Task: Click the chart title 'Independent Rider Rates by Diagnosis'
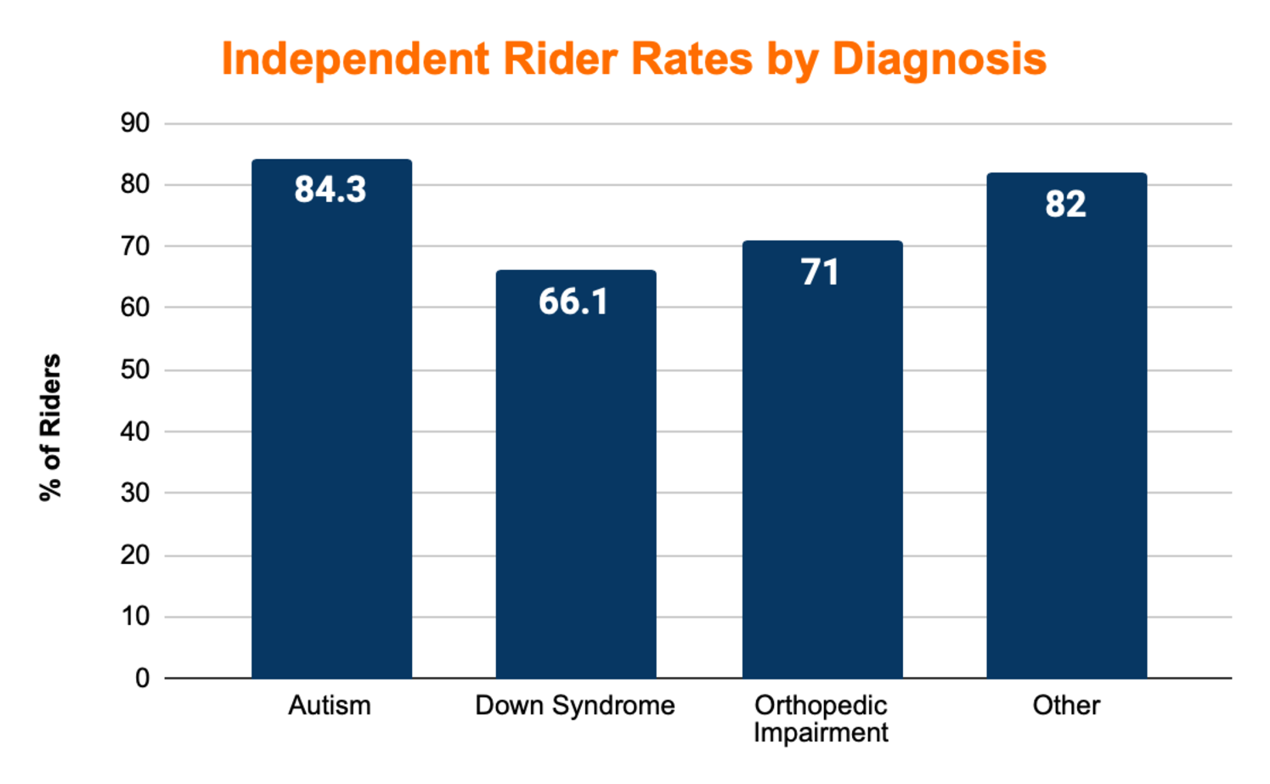(x=634, y=59)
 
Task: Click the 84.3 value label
(x=330, y=189)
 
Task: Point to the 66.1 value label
(x=573, y=302)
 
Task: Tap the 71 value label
(x=820, y=273)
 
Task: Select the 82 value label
(x=1065, y=204)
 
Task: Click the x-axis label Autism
(x=330, y=705)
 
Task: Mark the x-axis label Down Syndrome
(x=575, y=705)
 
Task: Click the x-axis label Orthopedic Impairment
(x=821, y=719)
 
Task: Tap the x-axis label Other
(x=1066, y=705)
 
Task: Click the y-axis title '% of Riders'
(x=51, y=427)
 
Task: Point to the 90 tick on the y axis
(x=135, y=123)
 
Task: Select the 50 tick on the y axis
(x=135, y=369)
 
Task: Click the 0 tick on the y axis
(x=142, y=678)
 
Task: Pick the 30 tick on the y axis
(x=135, y=493)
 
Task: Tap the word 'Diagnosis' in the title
(x=939, y=59)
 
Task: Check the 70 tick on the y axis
(x=135, y=246)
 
